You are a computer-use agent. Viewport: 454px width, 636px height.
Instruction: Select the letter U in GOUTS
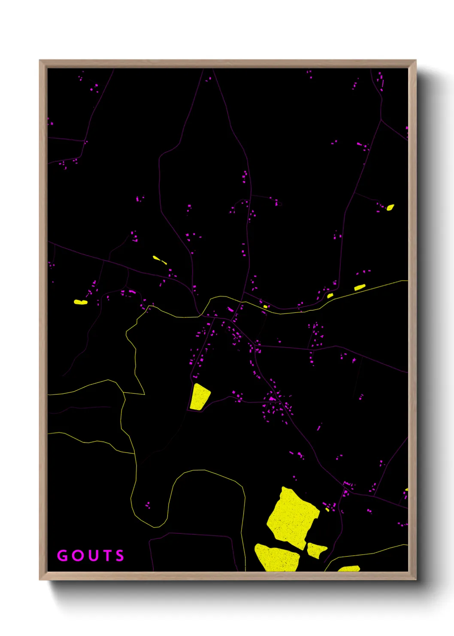[x=92, y=556]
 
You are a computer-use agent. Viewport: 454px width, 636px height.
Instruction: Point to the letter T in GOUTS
[x=106, y=556]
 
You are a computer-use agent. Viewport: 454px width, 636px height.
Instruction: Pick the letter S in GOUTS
[x=120, y=556]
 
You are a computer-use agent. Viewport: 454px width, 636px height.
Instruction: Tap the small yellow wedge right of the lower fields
[x=316, y=550]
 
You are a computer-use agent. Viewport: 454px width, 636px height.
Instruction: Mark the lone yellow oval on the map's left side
[x=81, y=302]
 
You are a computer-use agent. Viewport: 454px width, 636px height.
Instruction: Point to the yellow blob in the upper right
[x=390, y=208]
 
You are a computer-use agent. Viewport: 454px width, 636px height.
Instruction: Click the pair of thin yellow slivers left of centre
[x=159, y=260]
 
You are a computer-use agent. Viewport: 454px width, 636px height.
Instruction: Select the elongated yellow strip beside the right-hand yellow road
[x=360, y=287]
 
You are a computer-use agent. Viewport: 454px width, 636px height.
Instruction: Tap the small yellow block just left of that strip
[x=330, y=296]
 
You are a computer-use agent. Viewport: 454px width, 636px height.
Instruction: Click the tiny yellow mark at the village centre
[x=265, y=306]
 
